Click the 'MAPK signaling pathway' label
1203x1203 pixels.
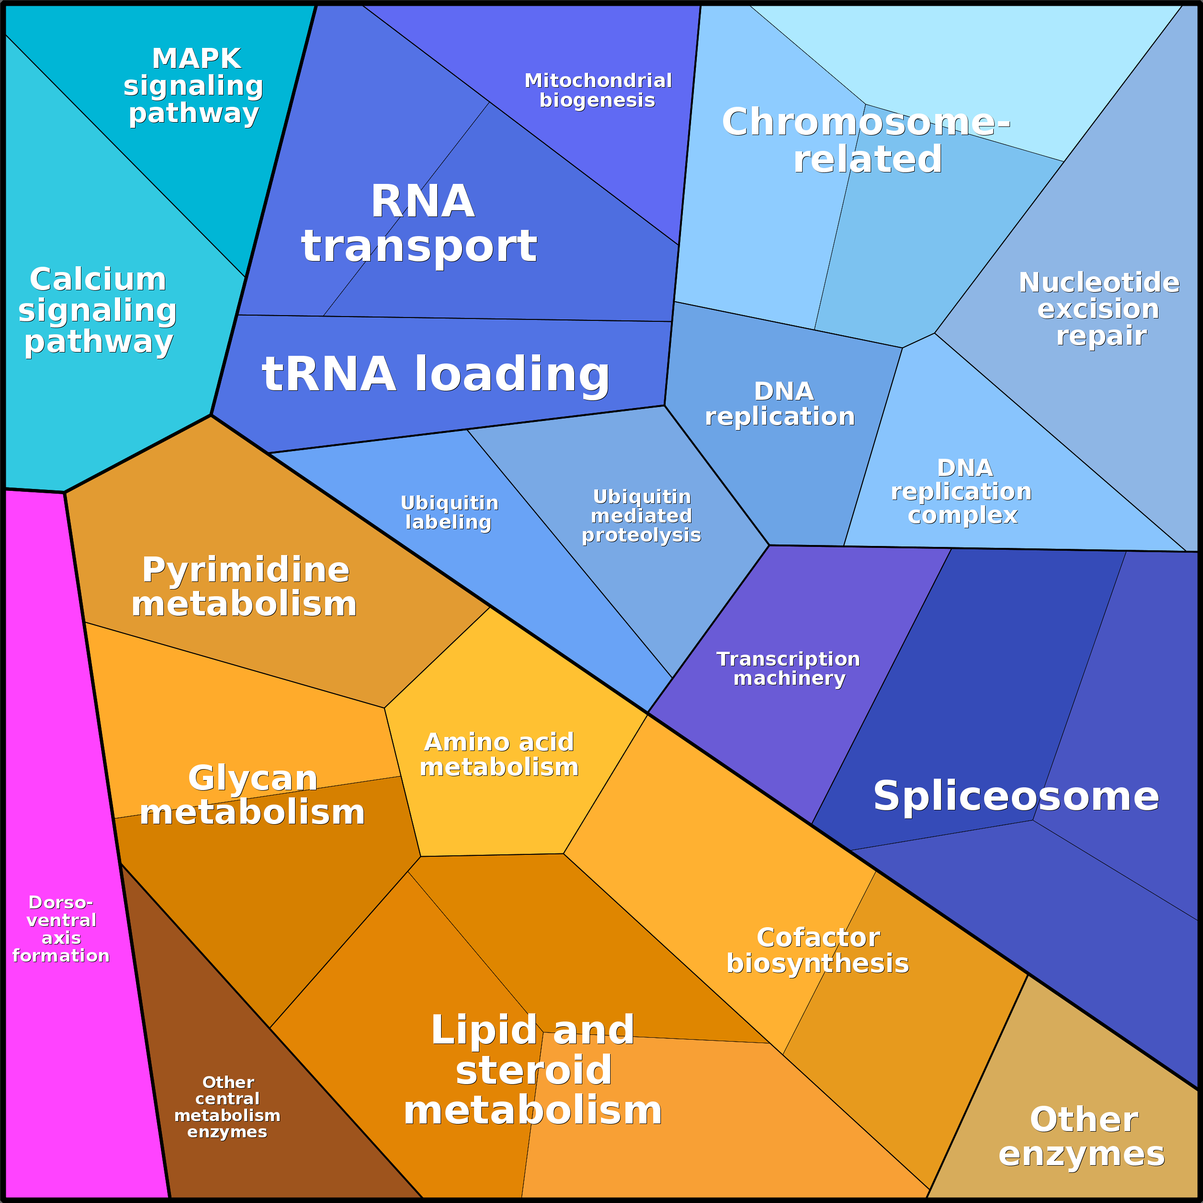click(x=193, y=86)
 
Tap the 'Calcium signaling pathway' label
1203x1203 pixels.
click(x=98, y=310)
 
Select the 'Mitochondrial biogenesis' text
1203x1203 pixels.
click(x=598, y=91)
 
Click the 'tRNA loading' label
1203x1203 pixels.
click(x=435, y=374)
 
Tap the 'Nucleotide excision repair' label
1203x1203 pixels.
click(x=1100, y=309)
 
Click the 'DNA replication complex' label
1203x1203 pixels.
click(x=962, y=492)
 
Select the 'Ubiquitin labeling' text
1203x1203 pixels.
click(x=449, y=512)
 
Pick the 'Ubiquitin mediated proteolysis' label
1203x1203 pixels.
click(x=641, y=516)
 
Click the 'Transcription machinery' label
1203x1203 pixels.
click(x=789, y=669)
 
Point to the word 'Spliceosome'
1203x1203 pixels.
click(x=1016, y=796)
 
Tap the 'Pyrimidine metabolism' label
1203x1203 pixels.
click(x=245, y=587)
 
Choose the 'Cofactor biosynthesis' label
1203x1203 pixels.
click(x=817, y=950)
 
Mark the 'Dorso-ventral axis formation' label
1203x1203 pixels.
click(x=61, y=929)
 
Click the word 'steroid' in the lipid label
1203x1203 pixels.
click(x=533, y=1070)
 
